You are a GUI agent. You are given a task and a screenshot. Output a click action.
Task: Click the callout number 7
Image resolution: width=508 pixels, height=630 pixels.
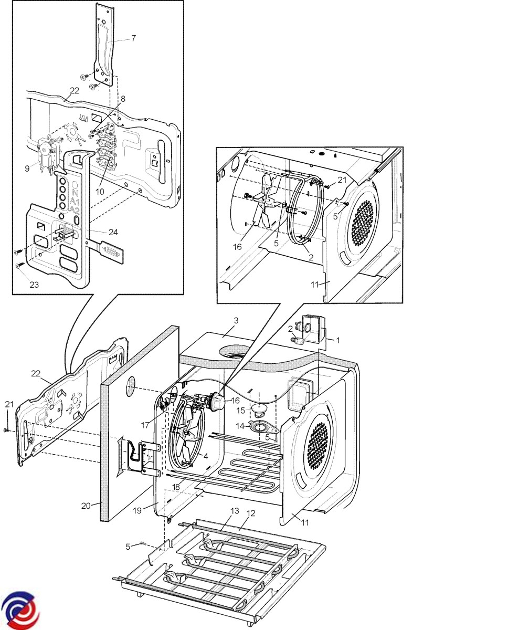[x=133, y=38]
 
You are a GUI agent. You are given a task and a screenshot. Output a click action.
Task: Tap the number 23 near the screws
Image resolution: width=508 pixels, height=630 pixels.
[x=34, y=285]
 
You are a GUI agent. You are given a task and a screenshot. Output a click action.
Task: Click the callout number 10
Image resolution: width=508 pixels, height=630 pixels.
[x=100, y=192]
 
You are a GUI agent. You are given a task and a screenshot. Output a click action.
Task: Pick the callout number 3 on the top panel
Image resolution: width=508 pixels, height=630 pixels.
[x=236, y=320]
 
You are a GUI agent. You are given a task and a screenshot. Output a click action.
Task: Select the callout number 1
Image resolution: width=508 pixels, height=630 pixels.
[x=338, y=340]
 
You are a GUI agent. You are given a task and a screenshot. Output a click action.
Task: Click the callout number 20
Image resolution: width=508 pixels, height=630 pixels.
[x=86, y=505]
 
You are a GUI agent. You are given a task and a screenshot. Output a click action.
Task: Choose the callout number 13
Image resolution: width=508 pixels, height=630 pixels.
[x=234, y=511]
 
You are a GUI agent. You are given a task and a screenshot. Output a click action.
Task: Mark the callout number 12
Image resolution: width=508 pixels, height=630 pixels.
[x=251, y=513]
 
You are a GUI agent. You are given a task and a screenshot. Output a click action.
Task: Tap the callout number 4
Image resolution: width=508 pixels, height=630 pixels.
[x=206, y=456]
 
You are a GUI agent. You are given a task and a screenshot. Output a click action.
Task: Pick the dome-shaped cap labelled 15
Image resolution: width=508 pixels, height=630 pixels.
[x=258, y=408]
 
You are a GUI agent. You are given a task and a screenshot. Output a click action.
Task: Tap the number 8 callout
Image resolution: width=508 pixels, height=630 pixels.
[x=123, y=99]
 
